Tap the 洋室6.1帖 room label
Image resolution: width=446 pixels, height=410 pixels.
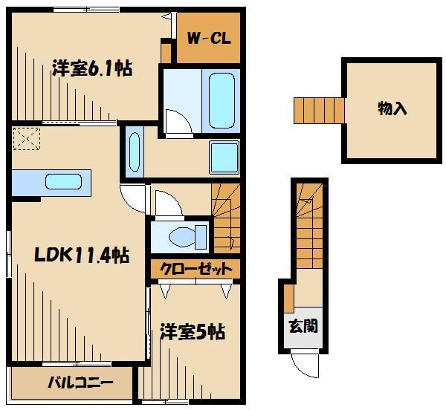[x=91, y=69]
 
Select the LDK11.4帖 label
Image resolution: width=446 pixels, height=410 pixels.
[x=82, y=255]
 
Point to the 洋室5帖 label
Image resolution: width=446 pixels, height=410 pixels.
[x=193, y=331]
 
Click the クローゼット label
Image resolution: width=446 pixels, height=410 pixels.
[x=195, y=269]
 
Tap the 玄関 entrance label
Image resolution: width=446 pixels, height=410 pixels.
[x=303, y=325]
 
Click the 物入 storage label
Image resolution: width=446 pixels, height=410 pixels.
[x=392, y=108]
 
